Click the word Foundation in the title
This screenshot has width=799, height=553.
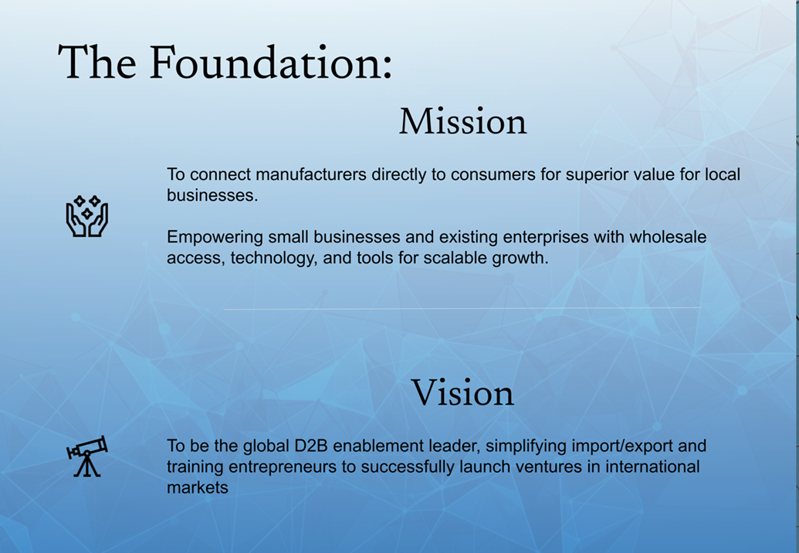[x=270, y=63]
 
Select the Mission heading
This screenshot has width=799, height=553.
[x=462, y=121]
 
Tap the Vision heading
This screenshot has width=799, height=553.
[x=462, y=392]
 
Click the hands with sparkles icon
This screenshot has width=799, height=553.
[x=87, y=215]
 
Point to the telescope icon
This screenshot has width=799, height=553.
[x=87, y=456]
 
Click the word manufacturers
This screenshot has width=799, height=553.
[x=311, y=175]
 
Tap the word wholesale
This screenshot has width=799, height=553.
[x=668, y=237]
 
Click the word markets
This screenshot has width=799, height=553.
[x=198, y=488]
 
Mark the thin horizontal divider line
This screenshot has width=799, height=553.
[x=462, y=308]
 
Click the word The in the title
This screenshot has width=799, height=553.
[x=97, y=63]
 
